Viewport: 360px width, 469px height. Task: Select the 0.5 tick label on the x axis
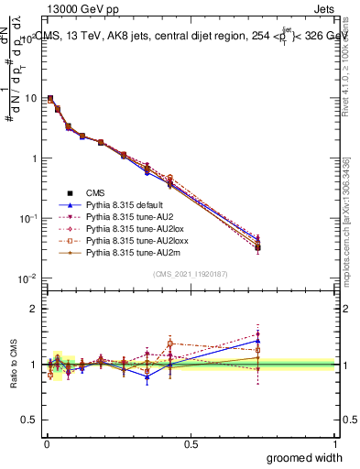tap(191, 444)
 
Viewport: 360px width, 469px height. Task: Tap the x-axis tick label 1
tap(333, 444)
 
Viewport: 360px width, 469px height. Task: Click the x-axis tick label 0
tap(47, 444)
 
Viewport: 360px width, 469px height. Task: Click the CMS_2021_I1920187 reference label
tap(191, 274)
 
